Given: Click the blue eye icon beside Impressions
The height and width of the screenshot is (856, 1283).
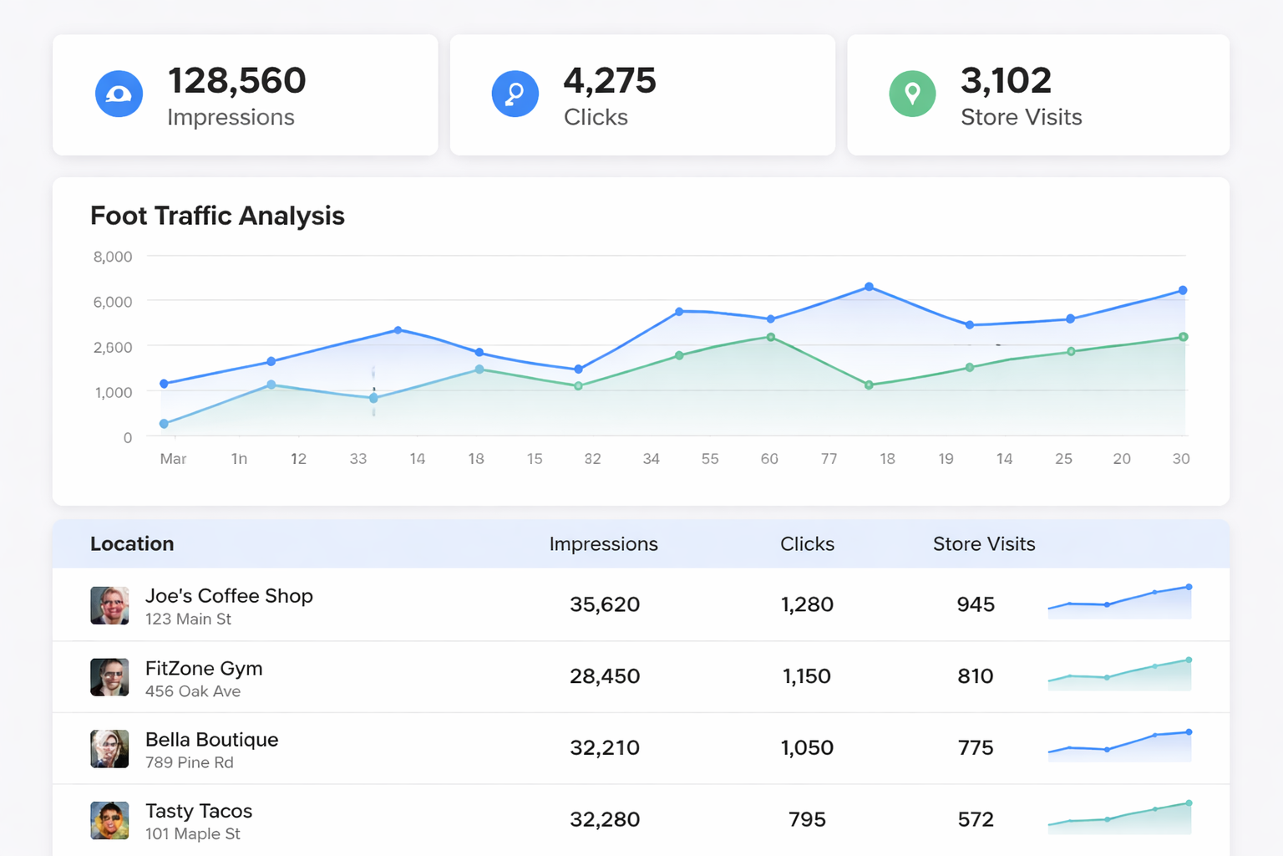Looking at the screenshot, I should pyautogui.click(x=119, y=94).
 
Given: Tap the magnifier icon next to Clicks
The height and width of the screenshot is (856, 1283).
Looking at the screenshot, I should pyautogui.click(x=515, y=94).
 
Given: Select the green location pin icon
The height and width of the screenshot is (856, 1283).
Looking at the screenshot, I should pyautogui.click(x=912, y=94).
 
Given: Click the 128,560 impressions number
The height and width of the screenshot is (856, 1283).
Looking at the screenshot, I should pyautogui.click(x=236, y=81).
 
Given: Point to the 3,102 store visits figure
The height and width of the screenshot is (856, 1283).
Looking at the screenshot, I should pyautogui.click(x=1006, y=81).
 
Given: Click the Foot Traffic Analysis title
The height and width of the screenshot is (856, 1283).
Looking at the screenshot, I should pyautogui.click(x=217, y=216).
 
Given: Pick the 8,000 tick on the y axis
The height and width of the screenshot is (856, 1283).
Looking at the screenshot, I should pyautogui.click(x=113, y=257).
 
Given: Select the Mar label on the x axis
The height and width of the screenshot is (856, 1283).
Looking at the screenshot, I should pyautogui.click(x=173, y=459).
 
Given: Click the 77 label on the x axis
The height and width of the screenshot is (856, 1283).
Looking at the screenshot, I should pyautogui.click(x=829, y=459).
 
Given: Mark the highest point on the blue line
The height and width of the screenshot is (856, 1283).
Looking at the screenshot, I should pyautogui.click(x=869, y=287).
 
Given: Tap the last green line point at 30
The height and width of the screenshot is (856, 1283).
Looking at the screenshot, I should pyautogui.click(x=1183, y=337).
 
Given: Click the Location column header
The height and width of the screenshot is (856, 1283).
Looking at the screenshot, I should pyautogui.click(x=132, y=544).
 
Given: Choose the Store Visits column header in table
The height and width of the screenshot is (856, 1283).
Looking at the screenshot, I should pyautogui.click(x=983, y=544).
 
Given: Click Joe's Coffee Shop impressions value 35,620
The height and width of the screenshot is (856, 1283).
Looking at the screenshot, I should pyautogui.click(x=604, y=604).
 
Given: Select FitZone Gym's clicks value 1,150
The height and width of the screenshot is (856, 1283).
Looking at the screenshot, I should pyautogui.click(x=806, y=676).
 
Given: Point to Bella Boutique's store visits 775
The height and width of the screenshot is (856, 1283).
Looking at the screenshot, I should pyautogui.click(x=975, y=748).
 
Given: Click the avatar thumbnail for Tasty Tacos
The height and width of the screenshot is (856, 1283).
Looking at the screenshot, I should pyautogui.click(x=109, y=820).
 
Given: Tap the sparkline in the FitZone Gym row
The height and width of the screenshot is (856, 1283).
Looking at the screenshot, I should pyautogui.click(x=1119, y=675).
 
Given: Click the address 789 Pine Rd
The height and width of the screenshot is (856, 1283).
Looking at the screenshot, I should pyautogui.click(x=190, y=762).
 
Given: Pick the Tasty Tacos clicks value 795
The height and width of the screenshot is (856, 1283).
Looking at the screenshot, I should pyautogui.click(x=806, y=820).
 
